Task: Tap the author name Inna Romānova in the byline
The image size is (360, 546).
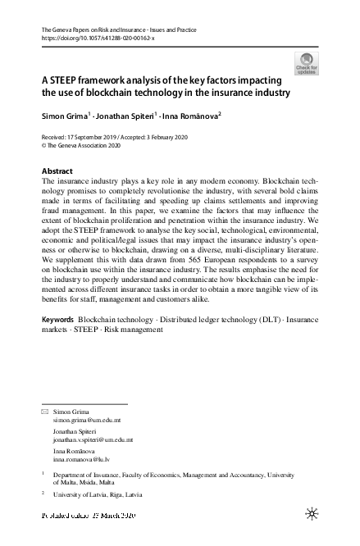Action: [189, 116]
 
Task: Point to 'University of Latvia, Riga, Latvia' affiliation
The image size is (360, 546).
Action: [98, 495]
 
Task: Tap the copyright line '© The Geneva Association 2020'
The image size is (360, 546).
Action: [86, 145]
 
